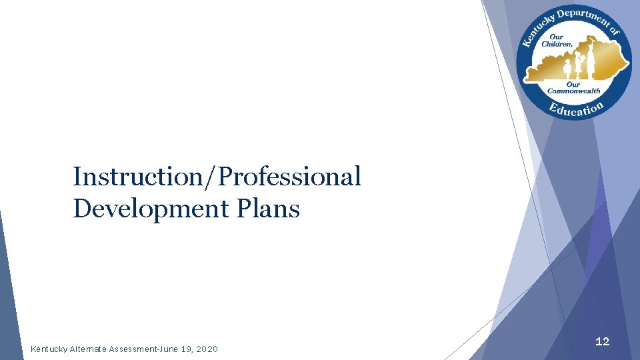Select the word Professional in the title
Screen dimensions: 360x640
coord(289,177)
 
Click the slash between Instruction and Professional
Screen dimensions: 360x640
coord(212,177)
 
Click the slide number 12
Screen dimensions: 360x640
coord(602,341)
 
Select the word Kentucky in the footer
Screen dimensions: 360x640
coord(48,349)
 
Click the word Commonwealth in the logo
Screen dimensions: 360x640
coord(574,91)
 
